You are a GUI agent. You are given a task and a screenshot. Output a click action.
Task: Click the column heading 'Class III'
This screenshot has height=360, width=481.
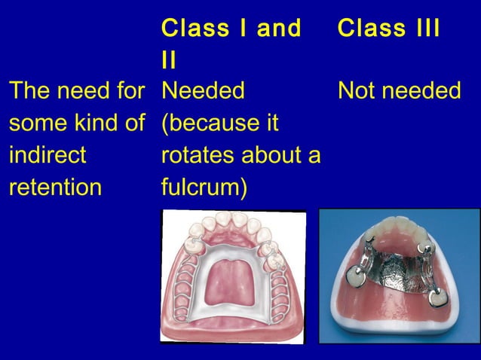(388, 29)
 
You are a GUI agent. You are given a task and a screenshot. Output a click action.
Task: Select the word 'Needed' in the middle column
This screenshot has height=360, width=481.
(203, 92)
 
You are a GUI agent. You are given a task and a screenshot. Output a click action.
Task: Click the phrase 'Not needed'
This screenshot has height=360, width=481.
(399, 92)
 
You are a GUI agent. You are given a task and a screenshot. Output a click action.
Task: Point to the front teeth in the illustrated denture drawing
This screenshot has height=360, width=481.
(234, 224)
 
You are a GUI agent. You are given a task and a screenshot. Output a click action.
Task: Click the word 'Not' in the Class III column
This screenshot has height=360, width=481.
(356, 92)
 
